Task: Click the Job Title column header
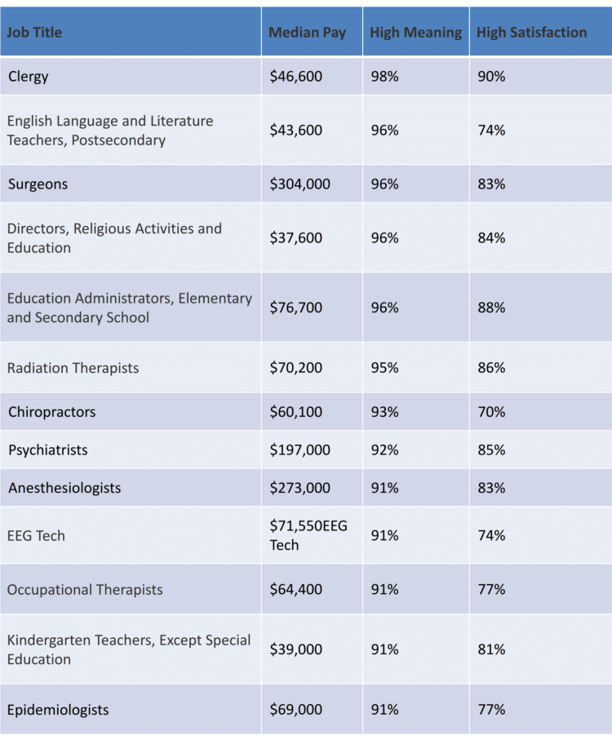click(35, 33)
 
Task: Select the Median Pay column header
click(308, 33)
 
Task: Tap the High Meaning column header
click(415, 33)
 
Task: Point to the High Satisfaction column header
click(531, 33)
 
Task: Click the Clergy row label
click(29, 77)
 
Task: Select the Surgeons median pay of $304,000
click(300, 184)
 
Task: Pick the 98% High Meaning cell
click(384, 77)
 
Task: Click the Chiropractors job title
click(51, 412)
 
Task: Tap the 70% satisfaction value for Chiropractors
click(491, 412)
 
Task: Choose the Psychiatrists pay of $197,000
click(300, 450)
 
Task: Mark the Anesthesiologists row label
click(64, 488)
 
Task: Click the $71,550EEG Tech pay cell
click(308, 535)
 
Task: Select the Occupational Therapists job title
click(85, 590)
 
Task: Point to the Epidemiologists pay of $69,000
click(296, 710)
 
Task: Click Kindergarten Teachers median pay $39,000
click(296, 649)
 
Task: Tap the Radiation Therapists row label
click(73, 368)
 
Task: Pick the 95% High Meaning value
click(384, 368)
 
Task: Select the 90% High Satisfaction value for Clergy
click(491, 77)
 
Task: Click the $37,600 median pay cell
click(296, 238)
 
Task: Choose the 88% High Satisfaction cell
click(491, 308)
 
